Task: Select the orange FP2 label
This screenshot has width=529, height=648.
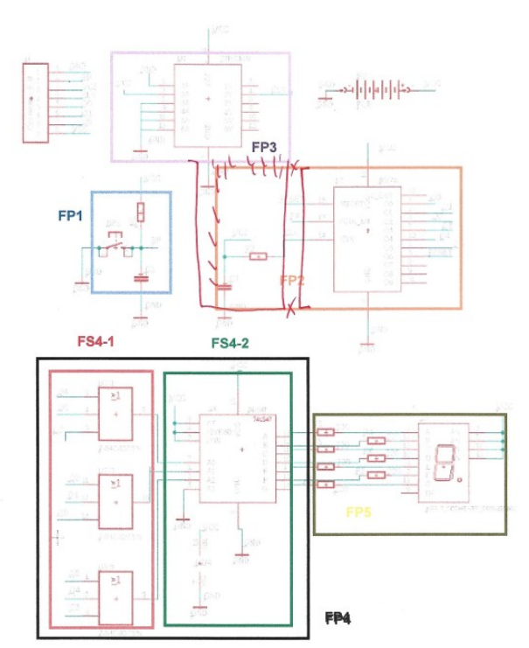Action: click(x=291, y=280)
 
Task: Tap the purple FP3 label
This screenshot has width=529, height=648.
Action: click(x=264, y=147)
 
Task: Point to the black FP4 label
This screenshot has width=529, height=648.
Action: click(x=338, y=618)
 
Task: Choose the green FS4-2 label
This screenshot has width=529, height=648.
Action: click(x=230, y=343)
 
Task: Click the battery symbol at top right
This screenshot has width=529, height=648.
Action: click(x=378, y=88)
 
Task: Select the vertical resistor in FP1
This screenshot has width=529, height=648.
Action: click(x=141, y=212)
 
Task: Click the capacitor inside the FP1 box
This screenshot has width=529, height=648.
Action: click(x=140, y=279)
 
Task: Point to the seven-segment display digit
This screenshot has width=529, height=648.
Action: click(x=444, y=459)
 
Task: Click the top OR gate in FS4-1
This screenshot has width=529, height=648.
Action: click(x=115, y=413)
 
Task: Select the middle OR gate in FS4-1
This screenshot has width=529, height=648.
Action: click(x=115, y=502)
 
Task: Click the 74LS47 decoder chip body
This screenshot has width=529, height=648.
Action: click(x=239, y=456)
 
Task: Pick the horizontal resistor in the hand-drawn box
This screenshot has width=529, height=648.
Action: click(x=257, y=256)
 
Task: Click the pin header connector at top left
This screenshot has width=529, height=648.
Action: click(x=35, y=102)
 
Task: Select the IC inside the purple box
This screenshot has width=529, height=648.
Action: click(x=207, y=102)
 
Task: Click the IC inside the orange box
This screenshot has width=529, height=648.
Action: click(x=367, y=238)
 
